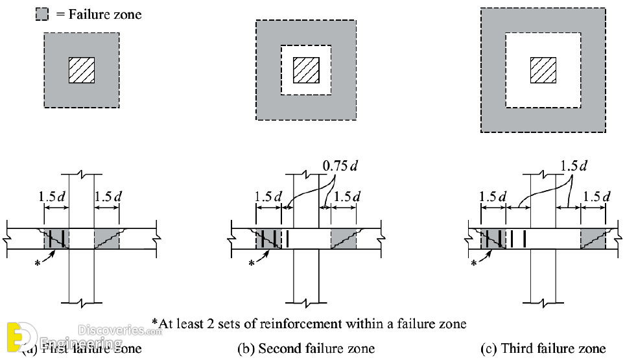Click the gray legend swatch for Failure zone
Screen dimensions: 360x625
tap(42, 14)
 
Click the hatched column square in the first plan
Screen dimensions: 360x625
tap(82, 69)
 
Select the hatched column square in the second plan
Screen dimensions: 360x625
tap(306, 69)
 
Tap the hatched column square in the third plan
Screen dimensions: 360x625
tap(543, 70)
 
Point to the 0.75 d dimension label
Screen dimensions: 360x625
tap(340, 166)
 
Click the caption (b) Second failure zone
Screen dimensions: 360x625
tap(305, 348)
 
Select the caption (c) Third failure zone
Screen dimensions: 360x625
tap(543, 348)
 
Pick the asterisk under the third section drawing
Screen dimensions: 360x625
tap(473, 264)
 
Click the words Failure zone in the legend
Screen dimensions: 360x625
tap(104, 14)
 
